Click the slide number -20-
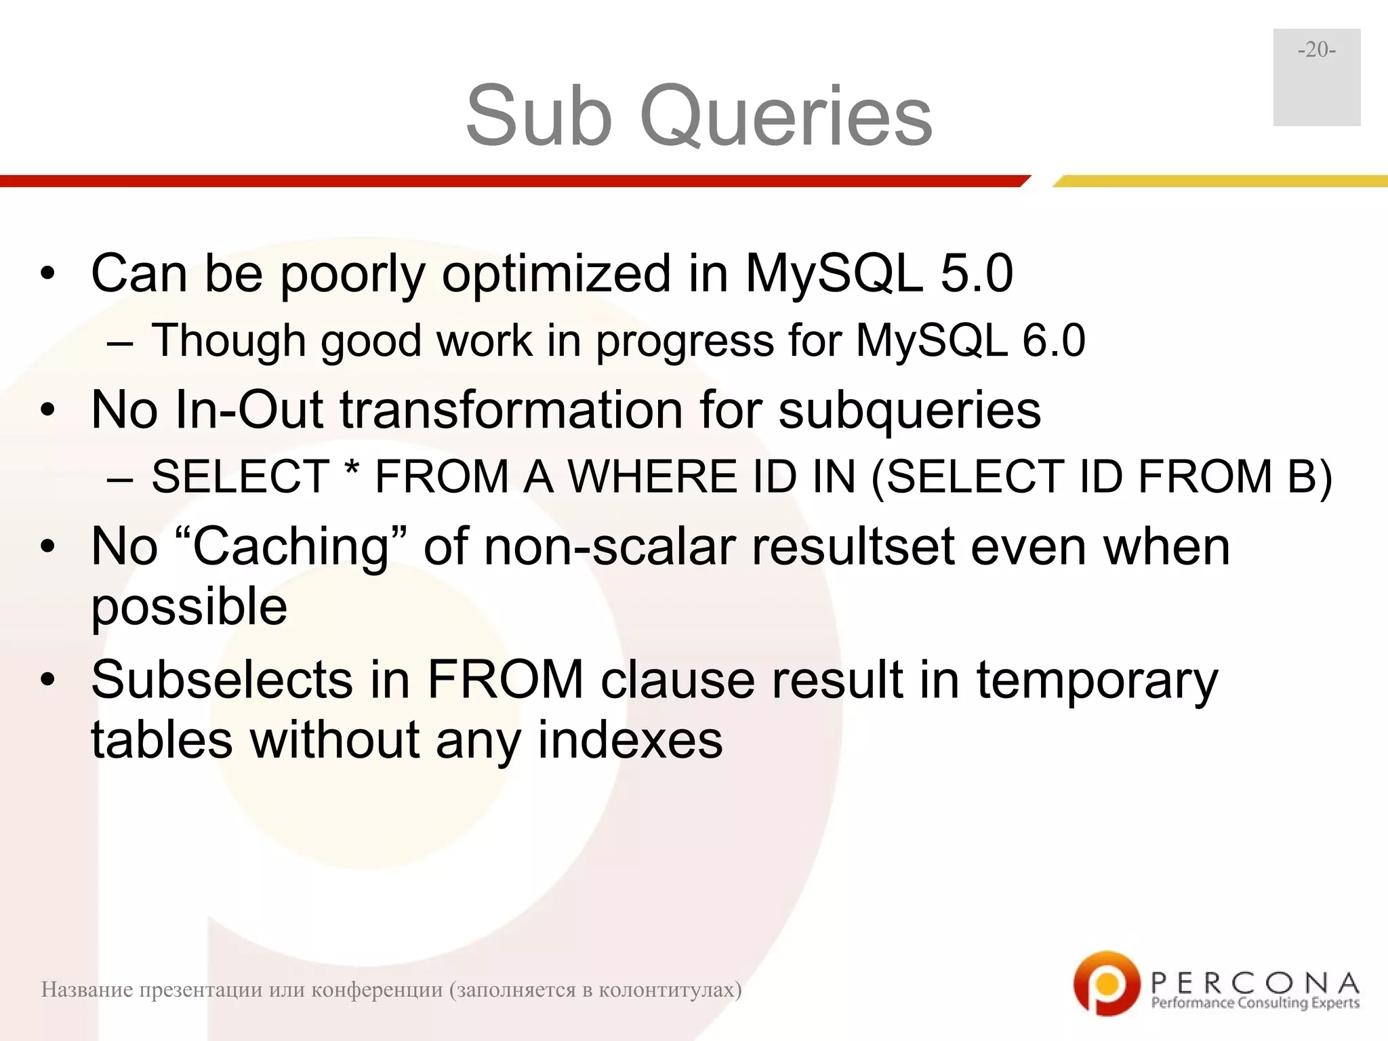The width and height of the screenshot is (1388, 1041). tap(1316, 50)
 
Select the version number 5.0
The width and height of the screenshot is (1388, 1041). tap(977, 274)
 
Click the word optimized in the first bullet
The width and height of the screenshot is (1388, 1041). tap(556, 274)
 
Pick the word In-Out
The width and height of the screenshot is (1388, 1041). tap(249, 410)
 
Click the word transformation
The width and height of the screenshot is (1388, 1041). tap(512, 410)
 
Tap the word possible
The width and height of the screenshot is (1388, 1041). tap(189, 607)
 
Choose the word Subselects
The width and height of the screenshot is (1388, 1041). tap(222, 680)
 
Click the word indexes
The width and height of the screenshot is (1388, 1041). tap(630, 740)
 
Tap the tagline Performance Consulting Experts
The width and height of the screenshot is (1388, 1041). tap(1255, 1003)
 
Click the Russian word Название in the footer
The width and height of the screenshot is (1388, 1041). tap(87, 990)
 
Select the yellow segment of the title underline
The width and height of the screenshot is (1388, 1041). tap(1220, 181)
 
